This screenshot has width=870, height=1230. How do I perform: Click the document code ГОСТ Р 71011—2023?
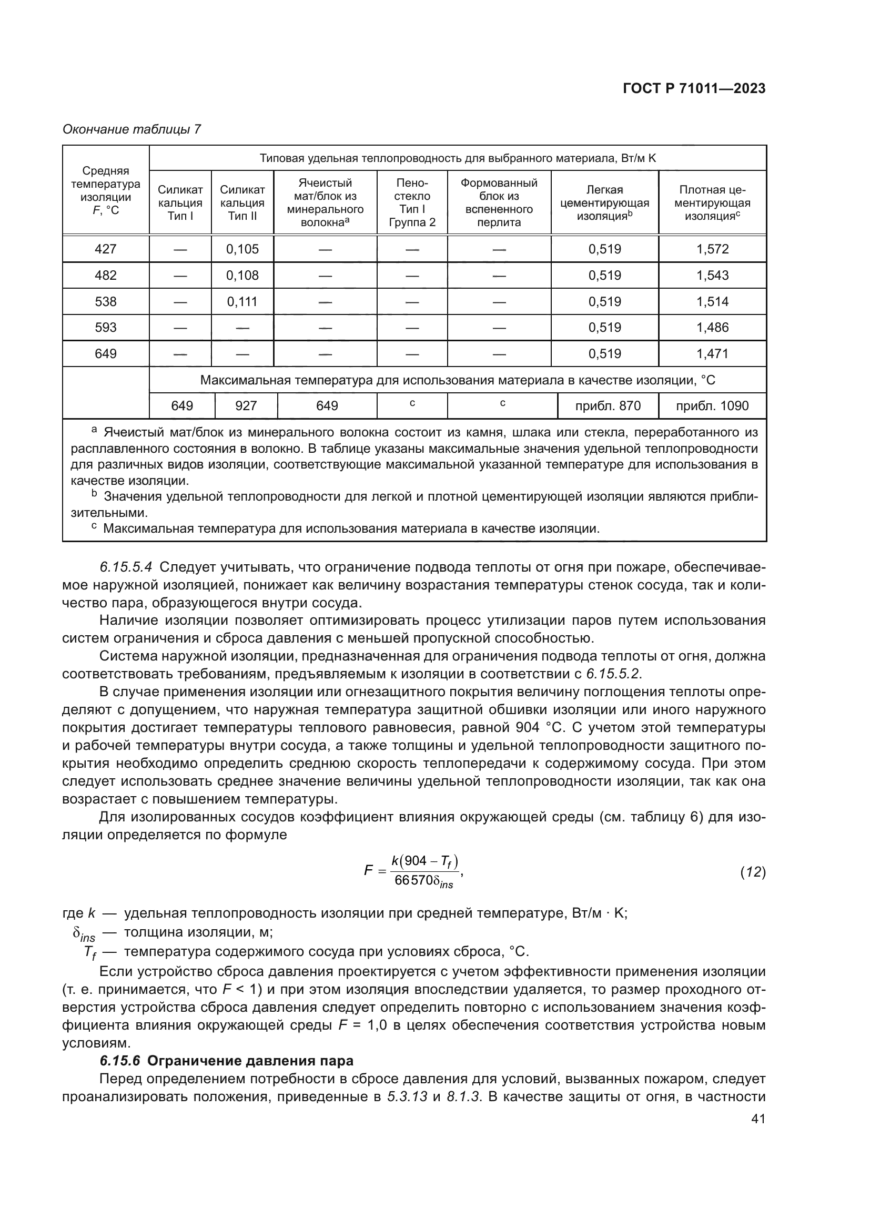coord(694,89)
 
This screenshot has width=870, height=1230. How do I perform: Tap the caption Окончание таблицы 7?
coord(132,129)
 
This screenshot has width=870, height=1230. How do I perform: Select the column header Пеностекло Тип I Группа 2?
coord(412,202)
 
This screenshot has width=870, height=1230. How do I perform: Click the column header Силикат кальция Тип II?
coord(242,202)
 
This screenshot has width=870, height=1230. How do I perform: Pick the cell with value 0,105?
coord(242,249)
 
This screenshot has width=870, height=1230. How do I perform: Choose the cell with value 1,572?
coord(712,249)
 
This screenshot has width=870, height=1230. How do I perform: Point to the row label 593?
coord(106,327)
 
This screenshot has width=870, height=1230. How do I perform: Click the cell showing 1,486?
coord(712,327)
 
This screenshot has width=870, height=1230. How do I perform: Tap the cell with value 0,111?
coord(242,302)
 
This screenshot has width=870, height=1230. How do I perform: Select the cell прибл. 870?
coord(608,405)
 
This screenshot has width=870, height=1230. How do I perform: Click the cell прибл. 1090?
coord(712,405)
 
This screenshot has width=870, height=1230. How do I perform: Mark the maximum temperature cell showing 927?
coord(246,405)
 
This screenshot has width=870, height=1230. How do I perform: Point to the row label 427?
coord(106,249)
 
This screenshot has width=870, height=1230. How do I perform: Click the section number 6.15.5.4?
coord(126,567)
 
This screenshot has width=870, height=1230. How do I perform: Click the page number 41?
coord(758,1119)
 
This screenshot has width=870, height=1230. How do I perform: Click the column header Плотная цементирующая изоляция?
coord(712,202)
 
